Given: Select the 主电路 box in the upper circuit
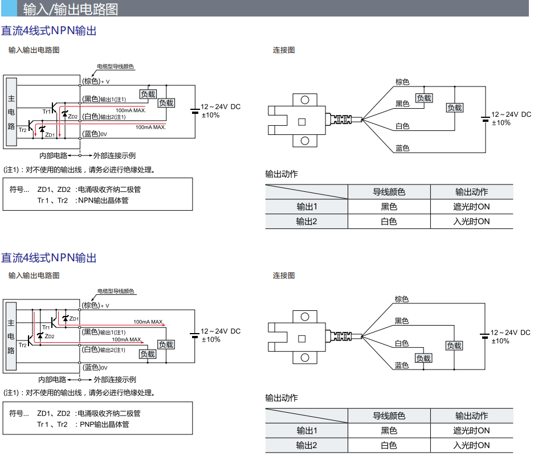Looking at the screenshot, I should click(x=11, y=112).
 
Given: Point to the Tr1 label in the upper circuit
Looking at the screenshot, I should click(x=46, y=111).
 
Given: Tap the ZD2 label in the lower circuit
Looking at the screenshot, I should click(x=50, y=336).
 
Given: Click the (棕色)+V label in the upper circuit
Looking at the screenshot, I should click(x=96, y=81).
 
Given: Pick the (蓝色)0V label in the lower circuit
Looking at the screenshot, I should click(x=95, y=367).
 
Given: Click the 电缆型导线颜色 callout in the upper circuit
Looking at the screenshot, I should click(x=115, y=67).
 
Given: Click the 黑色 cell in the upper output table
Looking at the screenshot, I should click(x=389, y=207).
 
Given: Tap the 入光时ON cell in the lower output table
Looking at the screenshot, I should click(x=471, y=445).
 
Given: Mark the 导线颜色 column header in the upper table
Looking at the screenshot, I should click(x=389, y=192).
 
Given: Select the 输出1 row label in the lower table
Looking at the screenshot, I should click(x=306, y=430).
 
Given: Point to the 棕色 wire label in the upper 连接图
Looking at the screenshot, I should click(x=402, y=82).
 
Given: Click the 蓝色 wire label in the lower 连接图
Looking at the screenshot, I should click(x=402, y=365).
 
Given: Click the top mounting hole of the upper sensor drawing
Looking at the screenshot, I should click(x=305, y=101).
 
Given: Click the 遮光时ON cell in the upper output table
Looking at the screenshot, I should click(x=471, y=207).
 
